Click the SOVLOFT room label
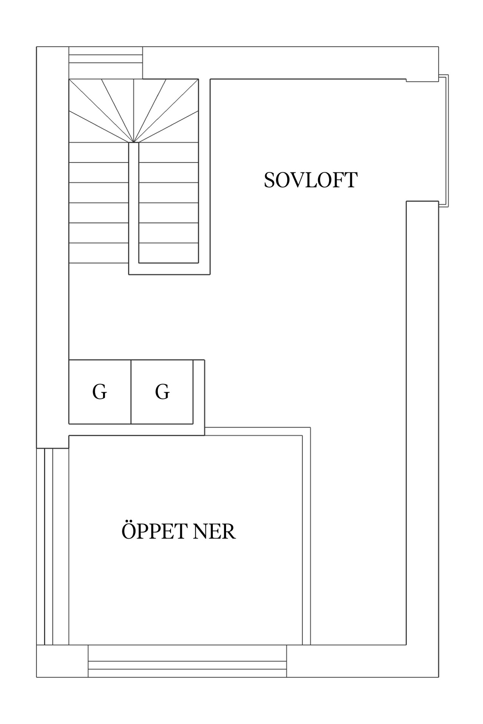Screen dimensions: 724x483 310,180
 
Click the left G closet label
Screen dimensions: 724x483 100,392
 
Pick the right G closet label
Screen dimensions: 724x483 162,392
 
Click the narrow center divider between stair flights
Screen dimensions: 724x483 134,204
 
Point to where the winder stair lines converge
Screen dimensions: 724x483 134,143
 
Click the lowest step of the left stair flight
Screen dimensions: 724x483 99,253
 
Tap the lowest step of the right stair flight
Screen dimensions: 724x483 168,253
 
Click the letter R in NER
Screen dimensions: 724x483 229,531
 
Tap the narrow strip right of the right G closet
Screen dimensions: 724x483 199,392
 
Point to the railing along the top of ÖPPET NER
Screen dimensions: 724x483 257,431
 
